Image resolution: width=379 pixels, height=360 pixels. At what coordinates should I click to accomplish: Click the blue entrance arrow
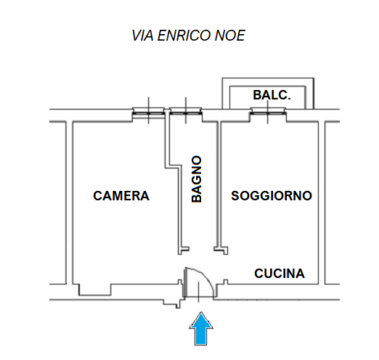pyautogui.click(x=201, y=328)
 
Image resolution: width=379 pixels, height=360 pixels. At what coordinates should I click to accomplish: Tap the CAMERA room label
pyautogui.click(x=121, y=196)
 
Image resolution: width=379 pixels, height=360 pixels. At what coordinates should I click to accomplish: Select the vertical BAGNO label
pyautogui.click(x=197, y=179)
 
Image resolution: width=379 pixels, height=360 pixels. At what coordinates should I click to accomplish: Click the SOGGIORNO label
pyautogui.click(x=272, y=196)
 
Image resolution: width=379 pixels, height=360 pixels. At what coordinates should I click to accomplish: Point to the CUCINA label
pyautogui.click(x=280, y=274)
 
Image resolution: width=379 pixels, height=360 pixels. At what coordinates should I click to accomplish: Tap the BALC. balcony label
pyautogui.click(x=272, y=95)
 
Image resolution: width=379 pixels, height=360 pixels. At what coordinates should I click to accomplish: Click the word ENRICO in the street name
pyautogui.click(x=184, y=36)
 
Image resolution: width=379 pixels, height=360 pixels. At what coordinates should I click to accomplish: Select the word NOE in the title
pyautogui.click(x=230, y=36)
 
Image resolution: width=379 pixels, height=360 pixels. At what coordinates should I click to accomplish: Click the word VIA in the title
pyautogui.click(x=142, y=36)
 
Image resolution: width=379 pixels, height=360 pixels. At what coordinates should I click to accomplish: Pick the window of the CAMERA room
pyautogui.click(x=149, y=113)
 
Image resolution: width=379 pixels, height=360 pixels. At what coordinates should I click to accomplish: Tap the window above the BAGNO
pyautogui.click(x=186, y=111)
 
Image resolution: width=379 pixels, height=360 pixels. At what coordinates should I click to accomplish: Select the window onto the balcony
pyautogui.click(x=268, y=111)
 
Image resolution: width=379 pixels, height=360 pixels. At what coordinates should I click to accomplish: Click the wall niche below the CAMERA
pyautogui.click(x=95, y=290)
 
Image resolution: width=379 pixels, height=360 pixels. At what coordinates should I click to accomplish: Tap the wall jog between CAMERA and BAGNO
pyautogui.click(x=174, y=166)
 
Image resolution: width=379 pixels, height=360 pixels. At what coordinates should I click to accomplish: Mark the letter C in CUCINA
pyautogui.click(x=258, y=274)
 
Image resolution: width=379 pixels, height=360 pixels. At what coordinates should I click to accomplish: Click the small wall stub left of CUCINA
pyautogui.click(x=226, y=282)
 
